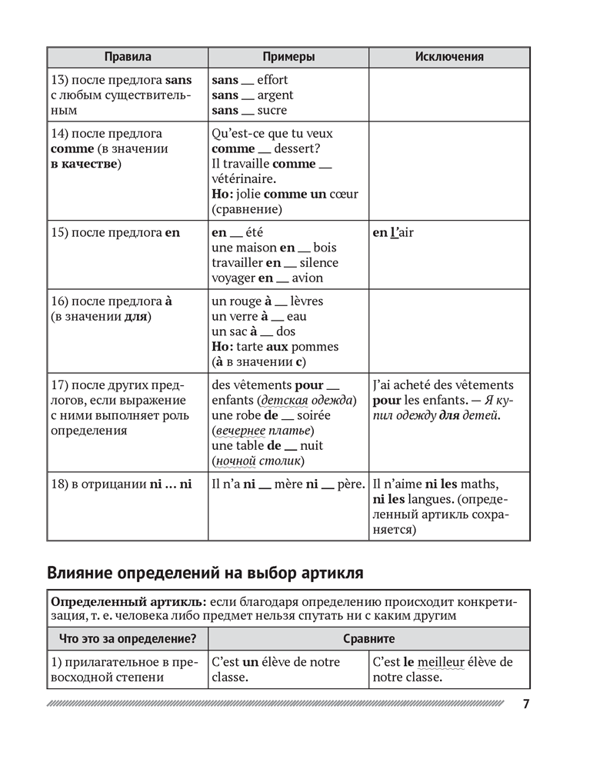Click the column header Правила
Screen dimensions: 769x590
pyautogui.click(x=127, y=57)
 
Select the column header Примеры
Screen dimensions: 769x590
pyautogui.click(x=288, y=57)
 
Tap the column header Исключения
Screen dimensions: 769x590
pyautogui.click(x=449, y=57)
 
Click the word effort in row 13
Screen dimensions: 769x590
pyautogui.click(x=272, y=80)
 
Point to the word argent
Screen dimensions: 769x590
pyautogui.click(x=275, y=95)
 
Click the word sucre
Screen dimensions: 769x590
pyautogui.click(x=272, y=111)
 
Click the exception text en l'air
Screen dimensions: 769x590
pyautogui.click(x=392, y=232)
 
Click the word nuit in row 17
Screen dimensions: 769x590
pyautogui.click(x=312, y=446)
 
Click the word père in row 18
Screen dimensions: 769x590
pyautogui.click(x=350, y=484)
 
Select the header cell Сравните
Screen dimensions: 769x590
pyautogui.click(x=368, y=638)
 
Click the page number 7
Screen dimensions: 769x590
pyautogui.click(x=525, y=704)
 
